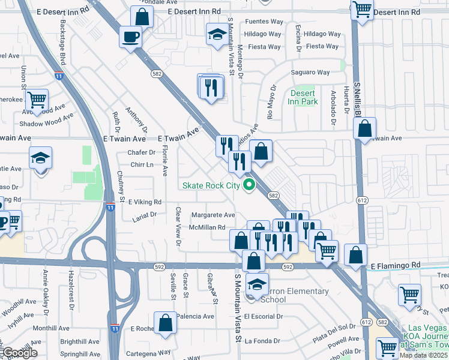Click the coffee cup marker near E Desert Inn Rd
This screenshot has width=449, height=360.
tap(130, 37)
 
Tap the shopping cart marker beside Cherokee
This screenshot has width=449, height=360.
tap(37, 100)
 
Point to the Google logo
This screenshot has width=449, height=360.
tap(19, 353)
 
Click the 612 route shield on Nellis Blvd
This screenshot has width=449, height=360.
tap(361, 200)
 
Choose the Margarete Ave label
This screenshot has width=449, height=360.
tap(213, 215)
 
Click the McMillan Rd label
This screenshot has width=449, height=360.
tap(207, 227)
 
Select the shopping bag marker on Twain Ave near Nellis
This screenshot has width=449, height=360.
tap(364, 128)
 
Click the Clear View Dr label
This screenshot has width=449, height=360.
tap(178, 227)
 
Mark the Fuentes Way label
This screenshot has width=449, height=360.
tap(264, 22)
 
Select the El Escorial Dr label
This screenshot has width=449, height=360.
tap(280, 316)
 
